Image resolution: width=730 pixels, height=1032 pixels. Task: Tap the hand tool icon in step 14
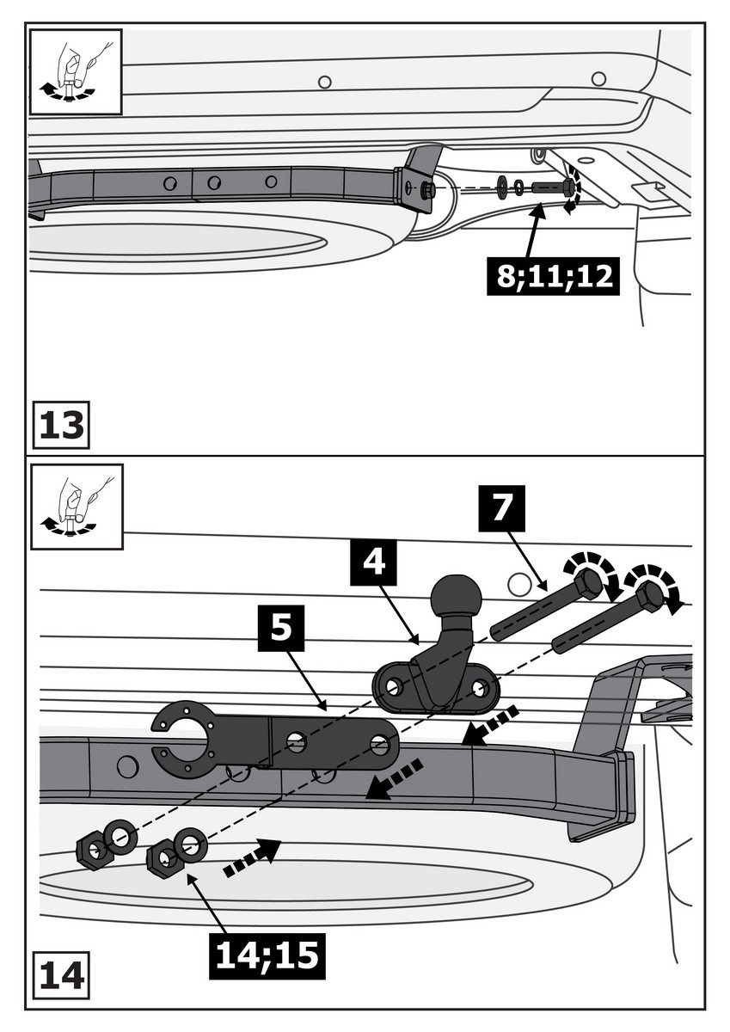[x=75, y=507]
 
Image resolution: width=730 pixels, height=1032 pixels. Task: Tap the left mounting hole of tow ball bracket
[x=393, y=686]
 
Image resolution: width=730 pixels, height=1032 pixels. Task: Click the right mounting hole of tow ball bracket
[x=481, y=689]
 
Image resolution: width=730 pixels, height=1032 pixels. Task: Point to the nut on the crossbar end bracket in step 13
[x=427, y=191]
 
